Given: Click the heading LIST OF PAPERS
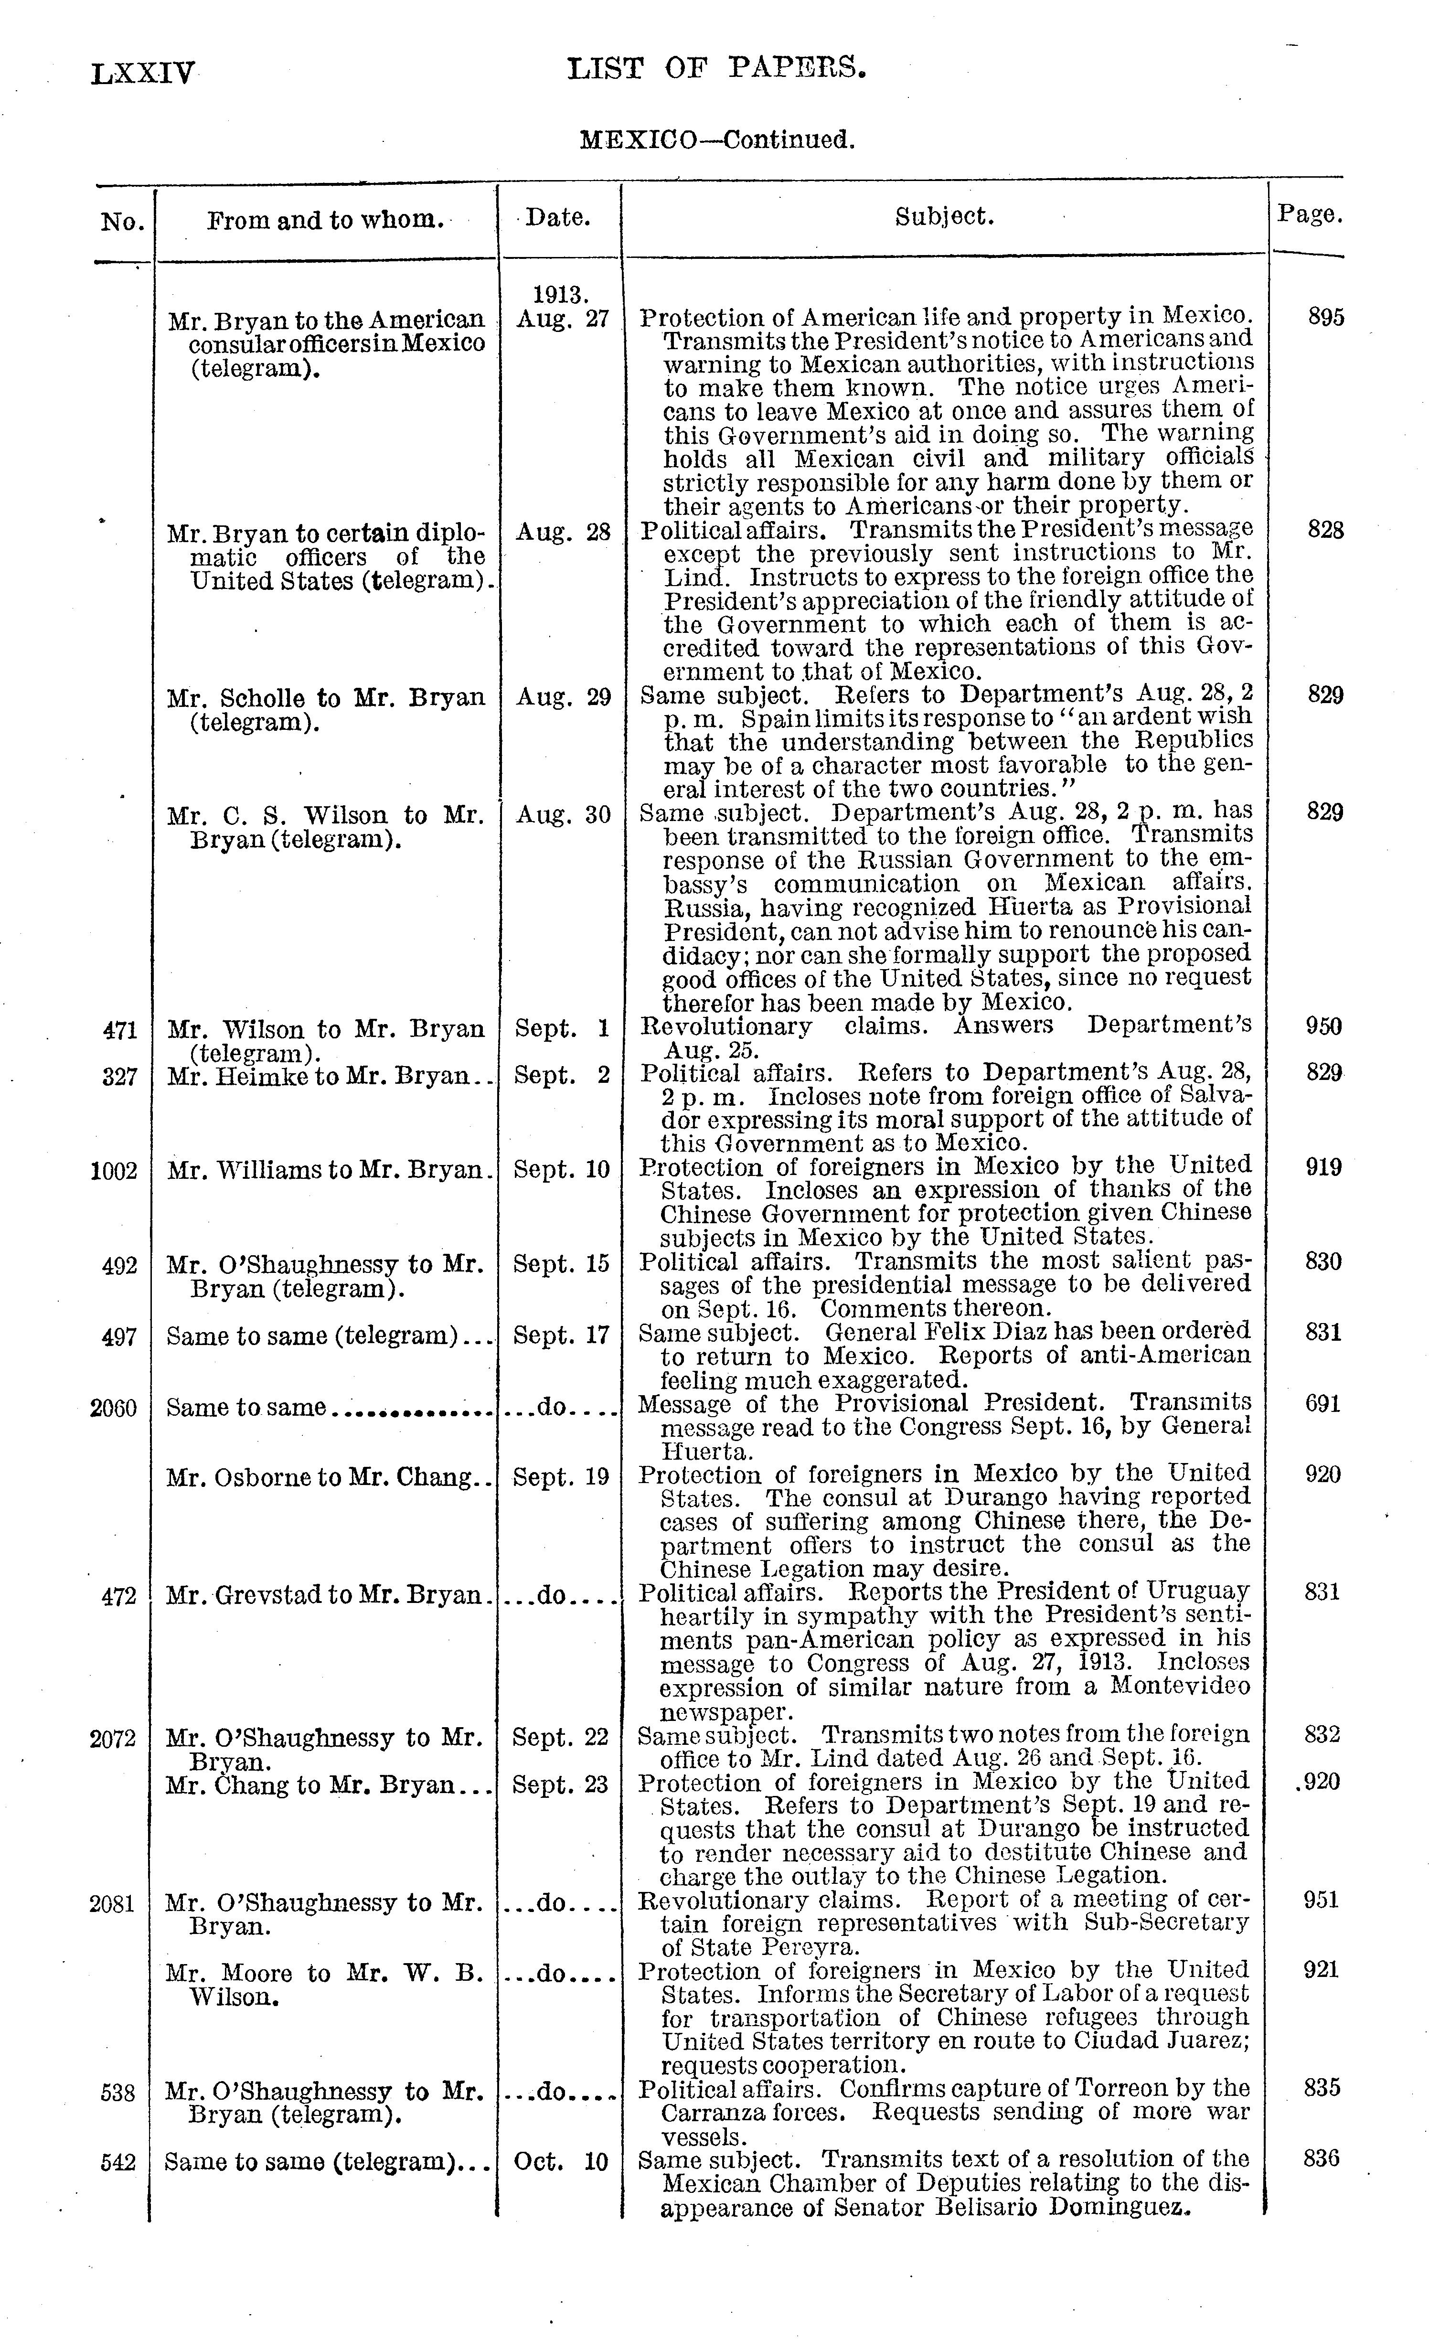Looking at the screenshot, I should click(716, 69).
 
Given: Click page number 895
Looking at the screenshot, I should click(1325, 318).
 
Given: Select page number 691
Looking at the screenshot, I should click(1322, 1404).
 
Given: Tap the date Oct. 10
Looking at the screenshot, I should click(561, 2161).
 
